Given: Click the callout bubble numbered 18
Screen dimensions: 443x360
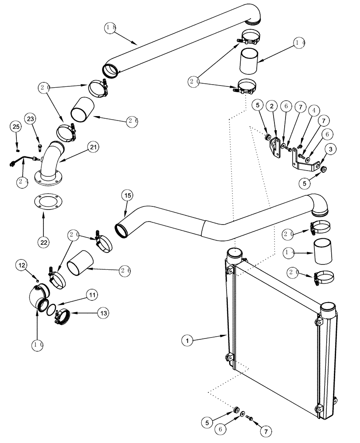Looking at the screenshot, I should [110, 27].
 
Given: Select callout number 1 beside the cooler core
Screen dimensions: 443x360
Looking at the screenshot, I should [188, 341].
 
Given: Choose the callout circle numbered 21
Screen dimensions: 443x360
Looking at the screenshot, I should [93, 147].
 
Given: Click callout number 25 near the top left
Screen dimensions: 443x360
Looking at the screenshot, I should [16, 127].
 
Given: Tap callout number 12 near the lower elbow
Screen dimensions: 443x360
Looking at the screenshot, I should [22, 265].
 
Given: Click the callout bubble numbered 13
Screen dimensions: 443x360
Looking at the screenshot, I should [102, 312].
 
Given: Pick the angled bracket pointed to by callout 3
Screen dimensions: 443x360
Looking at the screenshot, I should [306, 164].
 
